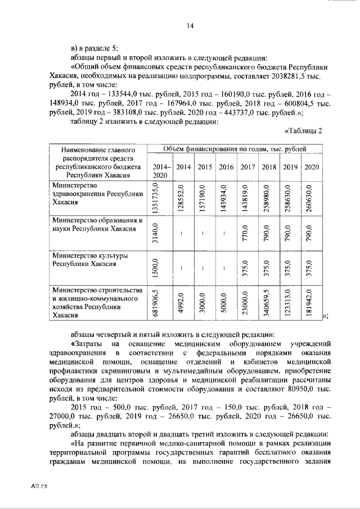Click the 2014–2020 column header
point(160,171)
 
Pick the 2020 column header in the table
point(311,167)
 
